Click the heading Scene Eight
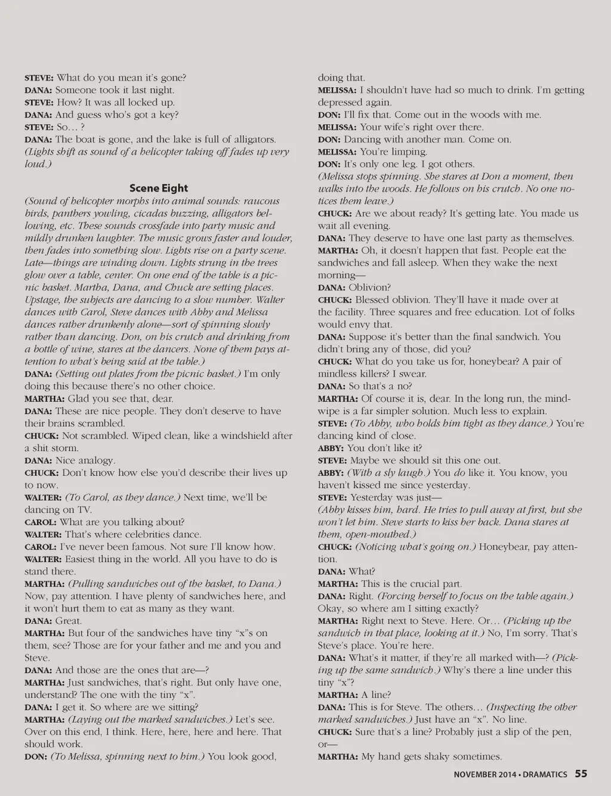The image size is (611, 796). point(158,189)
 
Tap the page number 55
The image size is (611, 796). point(581,774)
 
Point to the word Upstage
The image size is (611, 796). point(41,300)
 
